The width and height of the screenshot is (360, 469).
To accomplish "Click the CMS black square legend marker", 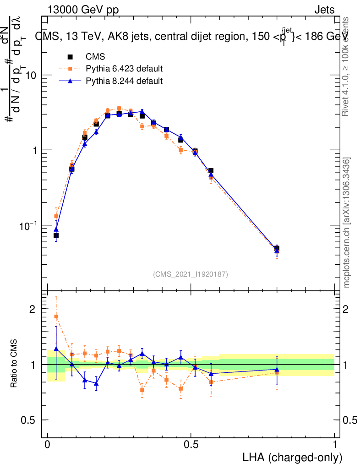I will click(71, 57).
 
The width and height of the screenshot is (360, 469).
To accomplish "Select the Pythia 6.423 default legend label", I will click(124, 69).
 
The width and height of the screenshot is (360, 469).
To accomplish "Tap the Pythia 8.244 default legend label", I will click(124, 81).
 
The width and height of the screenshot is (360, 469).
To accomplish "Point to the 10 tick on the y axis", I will click(31, 75).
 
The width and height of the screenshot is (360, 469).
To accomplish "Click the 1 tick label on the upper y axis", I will click(34, 151).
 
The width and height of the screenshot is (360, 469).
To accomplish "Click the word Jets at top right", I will click(324, 10).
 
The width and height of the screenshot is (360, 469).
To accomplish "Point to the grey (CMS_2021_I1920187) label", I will click(191, 274).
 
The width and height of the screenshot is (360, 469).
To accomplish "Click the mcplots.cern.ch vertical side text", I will click(347, 223).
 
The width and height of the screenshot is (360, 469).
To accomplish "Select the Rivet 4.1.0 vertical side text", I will click(347, 66).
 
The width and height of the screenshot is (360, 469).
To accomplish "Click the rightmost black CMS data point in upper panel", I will click(277, 249).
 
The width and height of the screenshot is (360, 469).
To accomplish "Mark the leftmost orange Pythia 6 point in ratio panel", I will click(56, 316).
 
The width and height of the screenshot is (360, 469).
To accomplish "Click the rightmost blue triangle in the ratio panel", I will click(277, 370).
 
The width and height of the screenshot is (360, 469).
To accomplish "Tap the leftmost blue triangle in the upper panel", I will click(56, 229).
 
